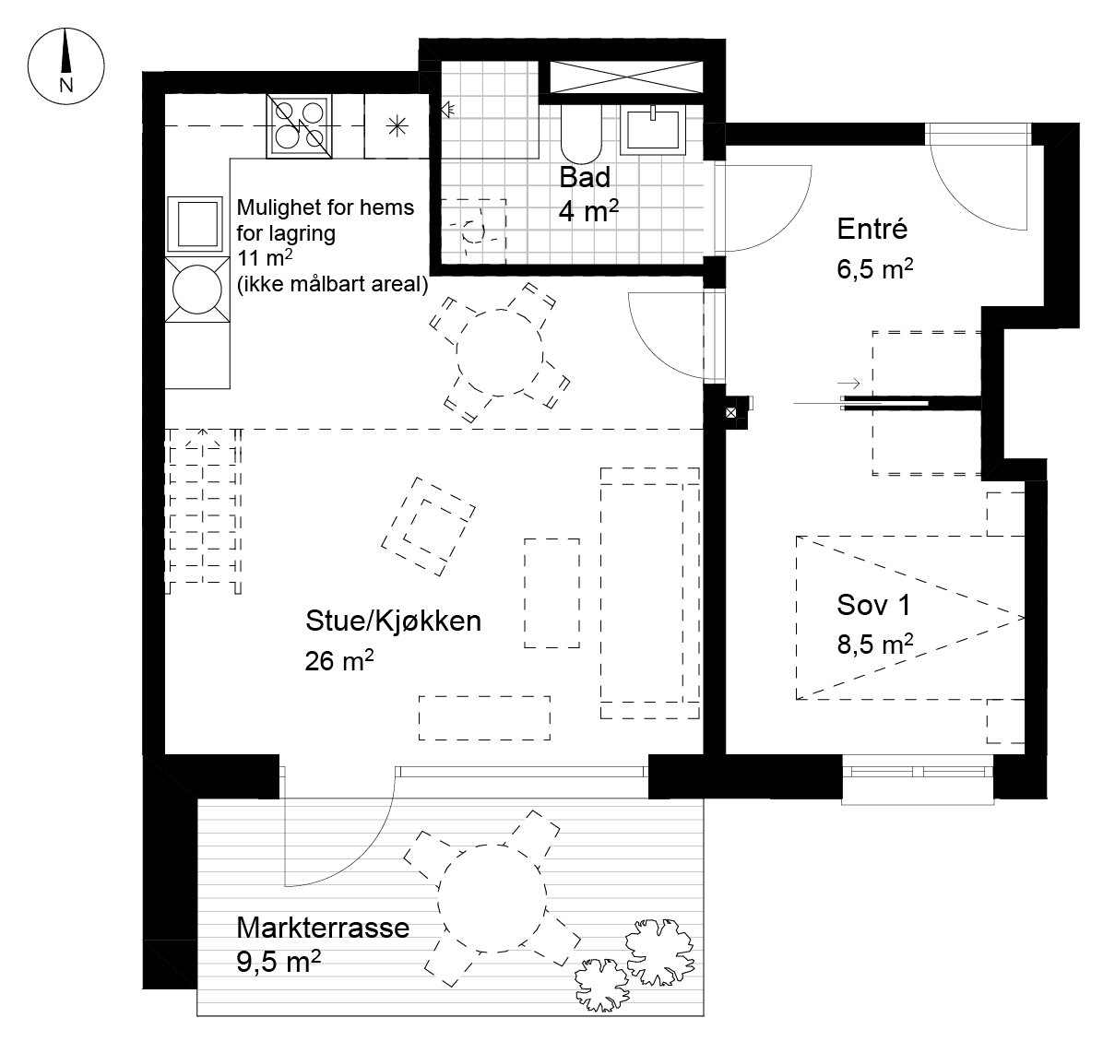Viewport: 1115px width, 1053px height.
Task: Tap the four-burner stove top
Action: coord(299,125)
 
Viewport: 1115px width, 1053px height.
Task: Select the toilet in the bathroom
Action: coord(581,135)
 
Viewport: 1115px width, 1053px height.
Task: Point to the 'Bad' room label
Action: coord(585,177)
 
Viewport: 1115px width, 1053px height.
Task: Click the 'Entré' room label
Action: coord(872,229)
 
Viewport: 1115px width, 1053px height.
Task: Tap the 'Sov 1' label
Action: coord(873,605)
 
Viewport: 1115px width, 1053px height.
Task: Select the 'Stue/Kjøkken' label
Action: coord(393,621)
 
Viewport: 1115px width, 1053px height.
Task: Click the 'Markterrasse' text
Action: coord(323,927)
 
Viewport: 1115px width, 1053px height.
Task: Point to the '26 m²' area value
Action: coord(339,660)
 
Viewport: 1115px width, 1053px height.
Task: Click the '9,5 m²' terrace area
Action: coord(279,962)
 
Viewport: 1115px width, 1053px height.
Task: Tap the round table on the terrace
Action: coord(492,898)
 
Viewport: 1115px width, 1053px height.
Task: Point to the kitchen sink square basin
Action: coord(196,224)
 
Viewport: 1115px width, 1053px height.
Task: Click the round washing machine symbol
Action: coord(196,290)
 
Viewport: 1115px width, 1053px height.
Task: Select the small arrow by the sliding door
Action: coord(848,384)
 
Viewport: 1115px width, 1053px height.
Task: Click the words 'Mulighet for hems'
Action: coord(326,207)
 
